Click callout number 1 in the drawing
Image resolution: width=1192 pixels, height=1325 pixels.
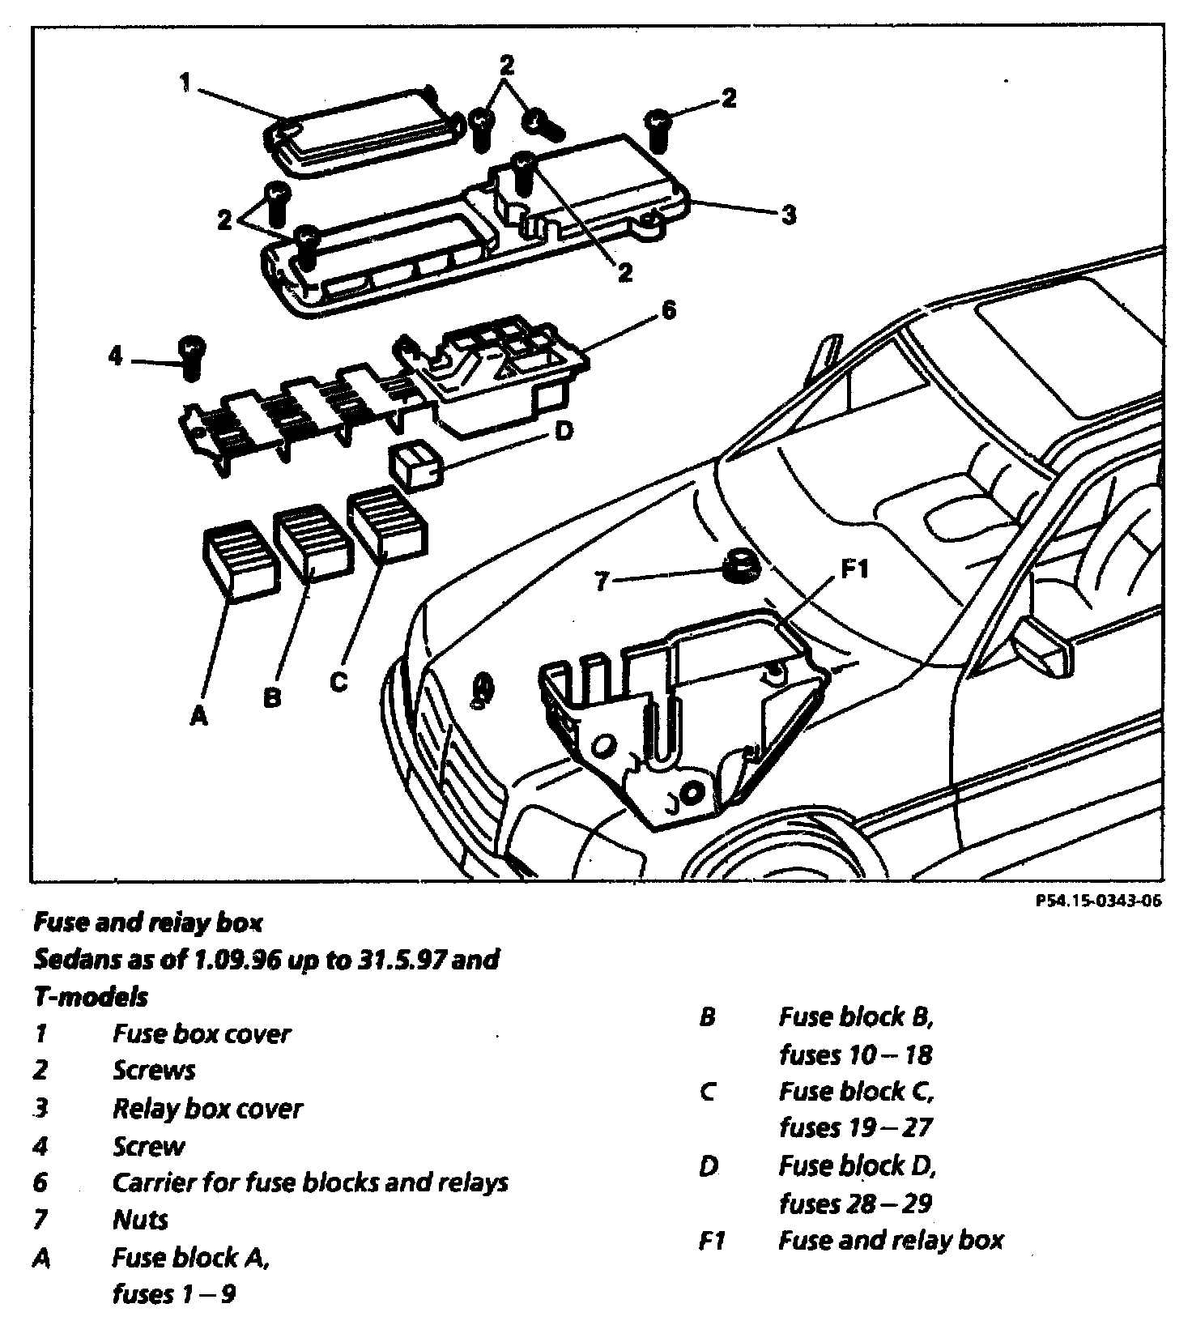click(185, 82)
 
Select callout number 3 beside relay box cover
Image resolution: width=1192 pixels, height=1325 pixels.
click(789, 215)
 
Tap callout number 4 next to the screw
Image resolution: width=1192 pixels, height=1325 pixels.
click(116, 356)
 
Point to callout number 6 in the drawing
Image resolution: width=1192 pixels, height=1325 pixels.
click(668, 311)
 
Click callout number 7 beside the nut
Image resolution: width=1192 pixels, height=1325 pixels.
click(601, 581)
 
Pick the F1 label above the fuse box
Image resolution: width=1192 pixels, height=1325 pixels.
click(854, 569)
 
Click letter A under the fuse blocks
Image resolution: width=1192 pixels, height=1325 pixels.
click(198, 715)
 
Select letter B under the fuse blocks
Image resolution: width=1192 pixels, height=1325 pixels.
click(272, 697)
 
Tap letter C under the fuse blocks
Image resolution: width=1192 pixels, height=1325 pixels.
click(338, 682)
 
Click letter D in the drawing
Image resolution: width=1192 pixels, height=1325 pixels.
click(564, 431)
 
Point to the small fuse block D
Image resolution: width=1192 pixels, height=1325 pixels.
click(415, 466)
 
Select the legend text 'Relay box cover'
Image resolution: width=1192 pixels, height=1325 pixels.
click(207, 1108)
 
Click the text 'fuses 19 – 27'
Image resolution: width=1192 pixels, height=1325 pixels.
click(856, 1127)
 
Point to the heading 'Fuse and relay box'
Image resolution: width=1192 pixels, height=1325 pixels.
click(148, 922)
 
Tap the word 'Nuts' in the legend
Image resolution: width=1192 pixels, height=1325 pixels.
click(141, 1220)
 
